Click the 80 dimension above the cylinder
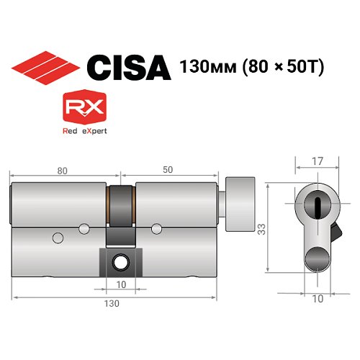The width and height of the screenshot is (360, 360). (62, 170)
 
